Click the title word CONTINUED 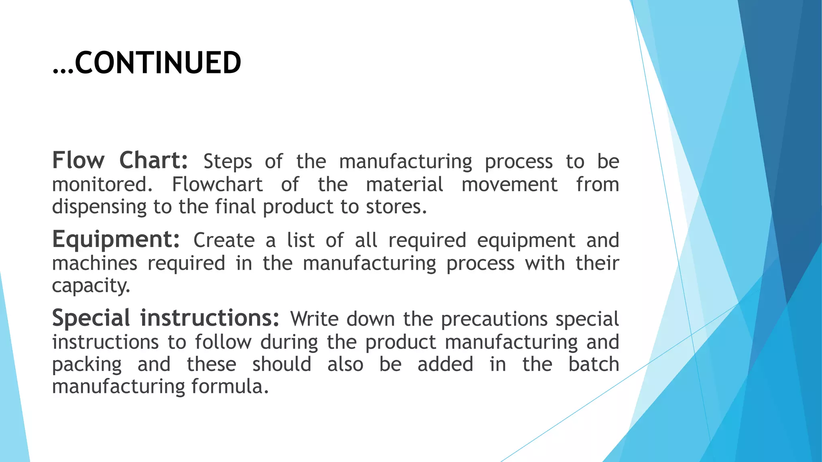(x=158, y=63)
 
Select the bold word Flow (x=78, y=160)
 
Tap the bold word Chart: (x=153, y=160)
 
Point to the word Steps (x=228, y=162)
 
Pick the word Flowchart (x=217, y=185)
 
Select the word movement (x=509, y=185)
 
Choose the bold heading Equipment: (x=116, y=239)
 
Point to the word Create (x=224, y=241)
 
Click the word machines (x=95, y=264)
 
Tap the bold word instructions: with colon (x=210, y=318)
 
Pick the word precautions (x=494, y=319)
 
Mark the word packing (x=87, y=365)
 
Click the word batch (x=594, y=365)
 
